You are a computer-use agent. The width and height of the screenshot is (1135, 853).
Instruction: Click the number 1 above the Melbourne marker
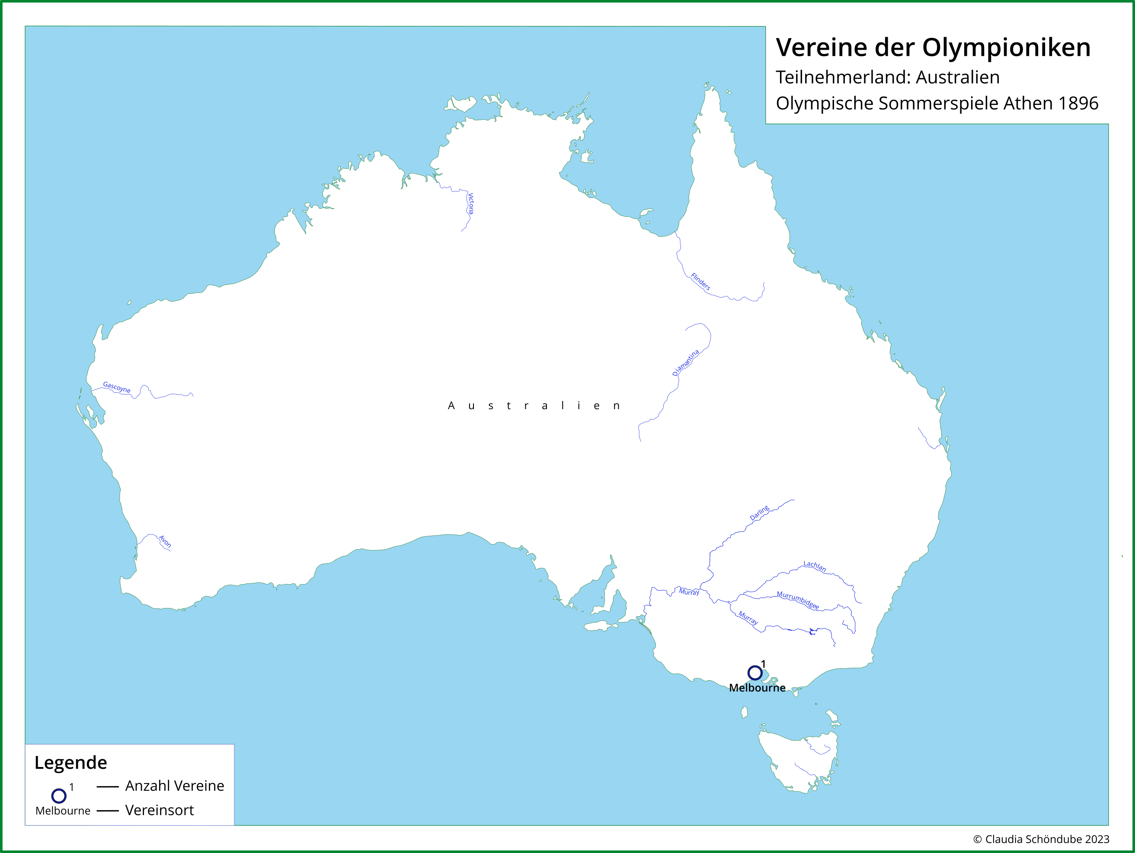pos(763,664)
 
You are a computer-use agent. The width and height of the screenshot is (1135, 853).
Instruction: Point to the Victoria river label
pos(470,204)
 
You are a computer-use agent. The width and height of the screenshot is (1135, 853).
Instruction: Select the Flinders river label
pos(700,282)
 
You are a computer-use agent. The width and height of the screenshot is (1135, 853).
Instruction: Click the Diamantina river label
pos(685,363)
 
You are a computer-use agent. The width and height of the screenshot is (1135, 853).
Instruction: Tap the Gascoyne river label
pos(117,387)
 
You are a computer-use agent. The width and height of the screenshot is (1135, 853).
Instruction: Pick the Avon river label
pos(165,541)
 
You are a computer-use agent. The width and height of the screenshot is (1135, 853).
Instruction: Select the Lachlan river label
pos(815,566)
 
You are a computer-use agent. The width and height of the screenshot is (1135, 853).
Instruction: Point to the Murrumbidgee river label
pos(798,600)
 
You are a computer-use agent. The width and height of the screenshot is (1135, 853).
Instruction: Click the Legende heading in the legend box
pos(71,763)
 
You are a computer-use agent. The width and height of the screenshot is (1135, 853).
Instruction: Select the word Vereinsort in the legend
pos(160,810)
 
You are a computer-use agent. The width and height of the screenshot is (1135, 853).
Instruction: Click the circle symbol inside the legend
pos(59,796)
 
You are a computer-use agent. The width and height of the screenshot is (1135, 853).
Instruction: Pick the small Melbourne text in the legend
pos(63,811)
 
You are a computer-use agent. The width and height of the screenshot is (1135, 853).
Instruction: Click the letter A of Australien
pos(451,406)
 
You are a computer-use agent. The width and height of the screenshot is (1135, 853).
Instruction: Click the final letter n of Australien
pos(616,406)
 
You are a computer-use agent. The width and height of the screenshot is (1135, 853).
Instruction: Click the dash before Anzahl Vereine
pos(108,786)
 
